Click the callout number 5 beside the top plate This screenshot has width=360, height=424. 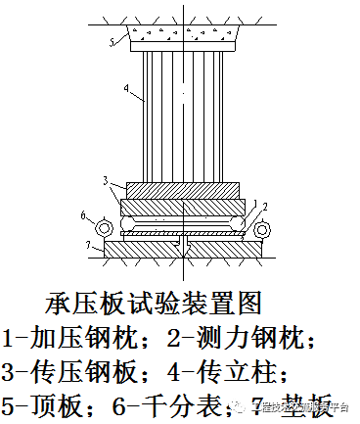[x=114, y=40]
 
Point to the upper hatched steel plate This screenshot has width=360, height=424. [x=182, y=190]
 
